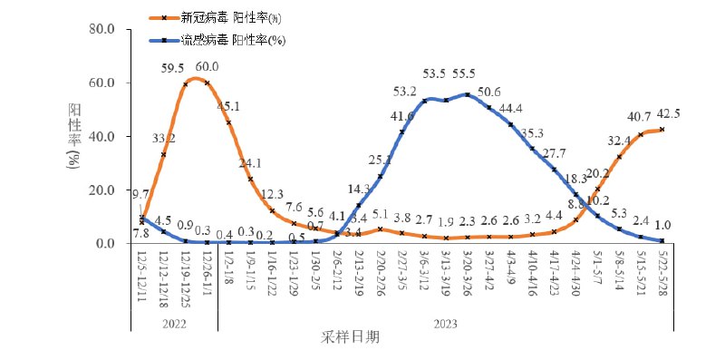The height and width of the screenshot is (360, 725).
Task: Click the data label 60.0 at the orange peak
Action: click(x=208, y=66)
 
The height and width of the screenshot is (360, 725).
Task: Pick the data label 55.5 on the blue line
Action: click(x=467, y=73)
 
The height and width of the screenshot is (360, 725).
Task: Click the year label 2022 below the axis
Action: click(x=174, y=322)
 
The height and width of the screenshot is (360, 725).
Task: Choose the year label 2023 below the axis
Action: click(x=444, y=322)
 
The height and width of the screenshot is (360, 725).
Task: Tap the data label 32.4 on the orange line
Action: click(x=619, y=141)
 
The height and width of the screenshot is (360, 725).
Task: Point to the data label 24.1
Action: click(x=250, y=164)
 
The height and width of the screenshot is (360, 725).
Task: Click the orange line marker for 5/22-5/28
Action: click(x=662, y=130)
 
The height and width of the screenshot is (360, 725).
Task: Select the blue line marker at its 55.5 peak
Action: click(x=467, y=94)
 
